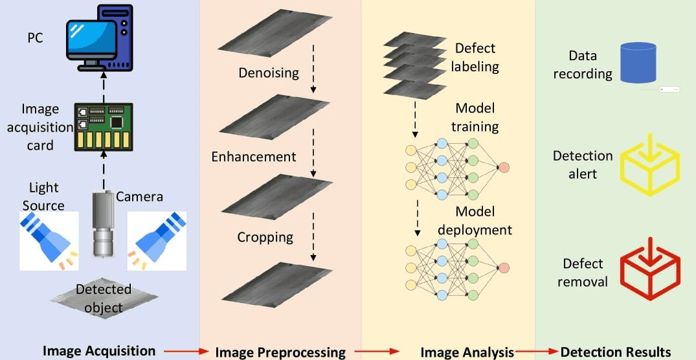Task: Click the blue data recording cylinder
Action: coord(638,63)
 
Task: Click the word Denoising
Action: coord(268,73)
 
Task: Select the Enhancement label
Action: coord(254,157)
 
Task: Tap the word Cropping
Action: coord(264,237)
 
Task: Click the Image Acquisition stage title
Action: coord(99,351)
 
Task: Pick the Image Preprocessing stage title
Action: coord(280,352)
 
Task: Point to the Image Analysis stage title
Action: coord(467,352)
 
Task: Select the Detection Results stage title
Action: coord(616,352)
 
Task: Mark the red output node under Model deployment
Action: coord(503,268)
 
